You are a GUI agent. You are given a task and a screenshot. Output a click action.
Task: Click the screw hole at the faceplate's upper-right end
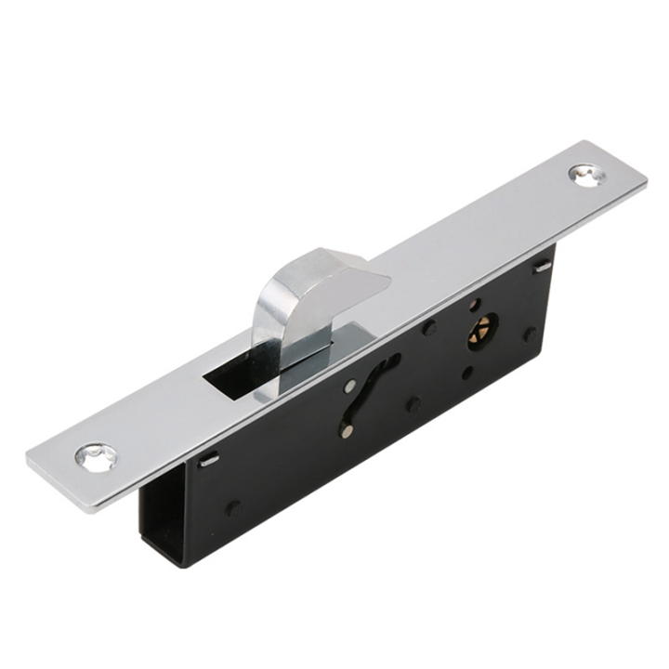click(x=586, y=174)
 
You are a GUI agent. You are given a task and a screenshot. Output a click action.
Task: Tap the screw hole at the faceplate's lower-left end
click(x=97, y=456)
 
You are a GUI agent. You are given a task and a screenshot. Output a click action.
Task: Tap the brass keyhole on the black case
click(x=482, y=331)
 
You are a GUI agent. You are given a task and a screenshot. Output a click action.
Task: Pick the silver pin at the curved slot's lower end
click(x=346, y=430)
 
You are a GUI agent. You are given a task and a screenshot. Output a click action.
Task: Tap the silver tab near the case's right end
click(x=543, y=267)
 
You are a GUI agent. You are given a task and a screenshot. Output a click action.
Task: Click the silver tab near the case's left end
click(x=209, y=459)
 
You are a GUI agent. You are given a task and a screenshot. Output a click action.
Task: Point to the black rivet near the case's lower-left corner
click(x=232, y=508)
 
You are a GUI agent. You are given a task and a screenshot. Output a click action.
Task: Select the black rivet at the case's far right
click(x=530, y=334)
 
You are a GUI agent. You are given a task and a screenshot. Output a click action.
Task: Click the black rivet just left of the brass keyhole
click(x=429, y=327)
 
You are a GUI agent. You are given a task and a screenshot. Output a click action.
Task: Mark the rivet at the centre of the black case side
click(x=413, y=405)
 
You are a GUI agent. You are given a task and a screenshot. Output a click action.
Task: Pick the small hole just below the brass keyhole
click(x=467, y=373)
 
